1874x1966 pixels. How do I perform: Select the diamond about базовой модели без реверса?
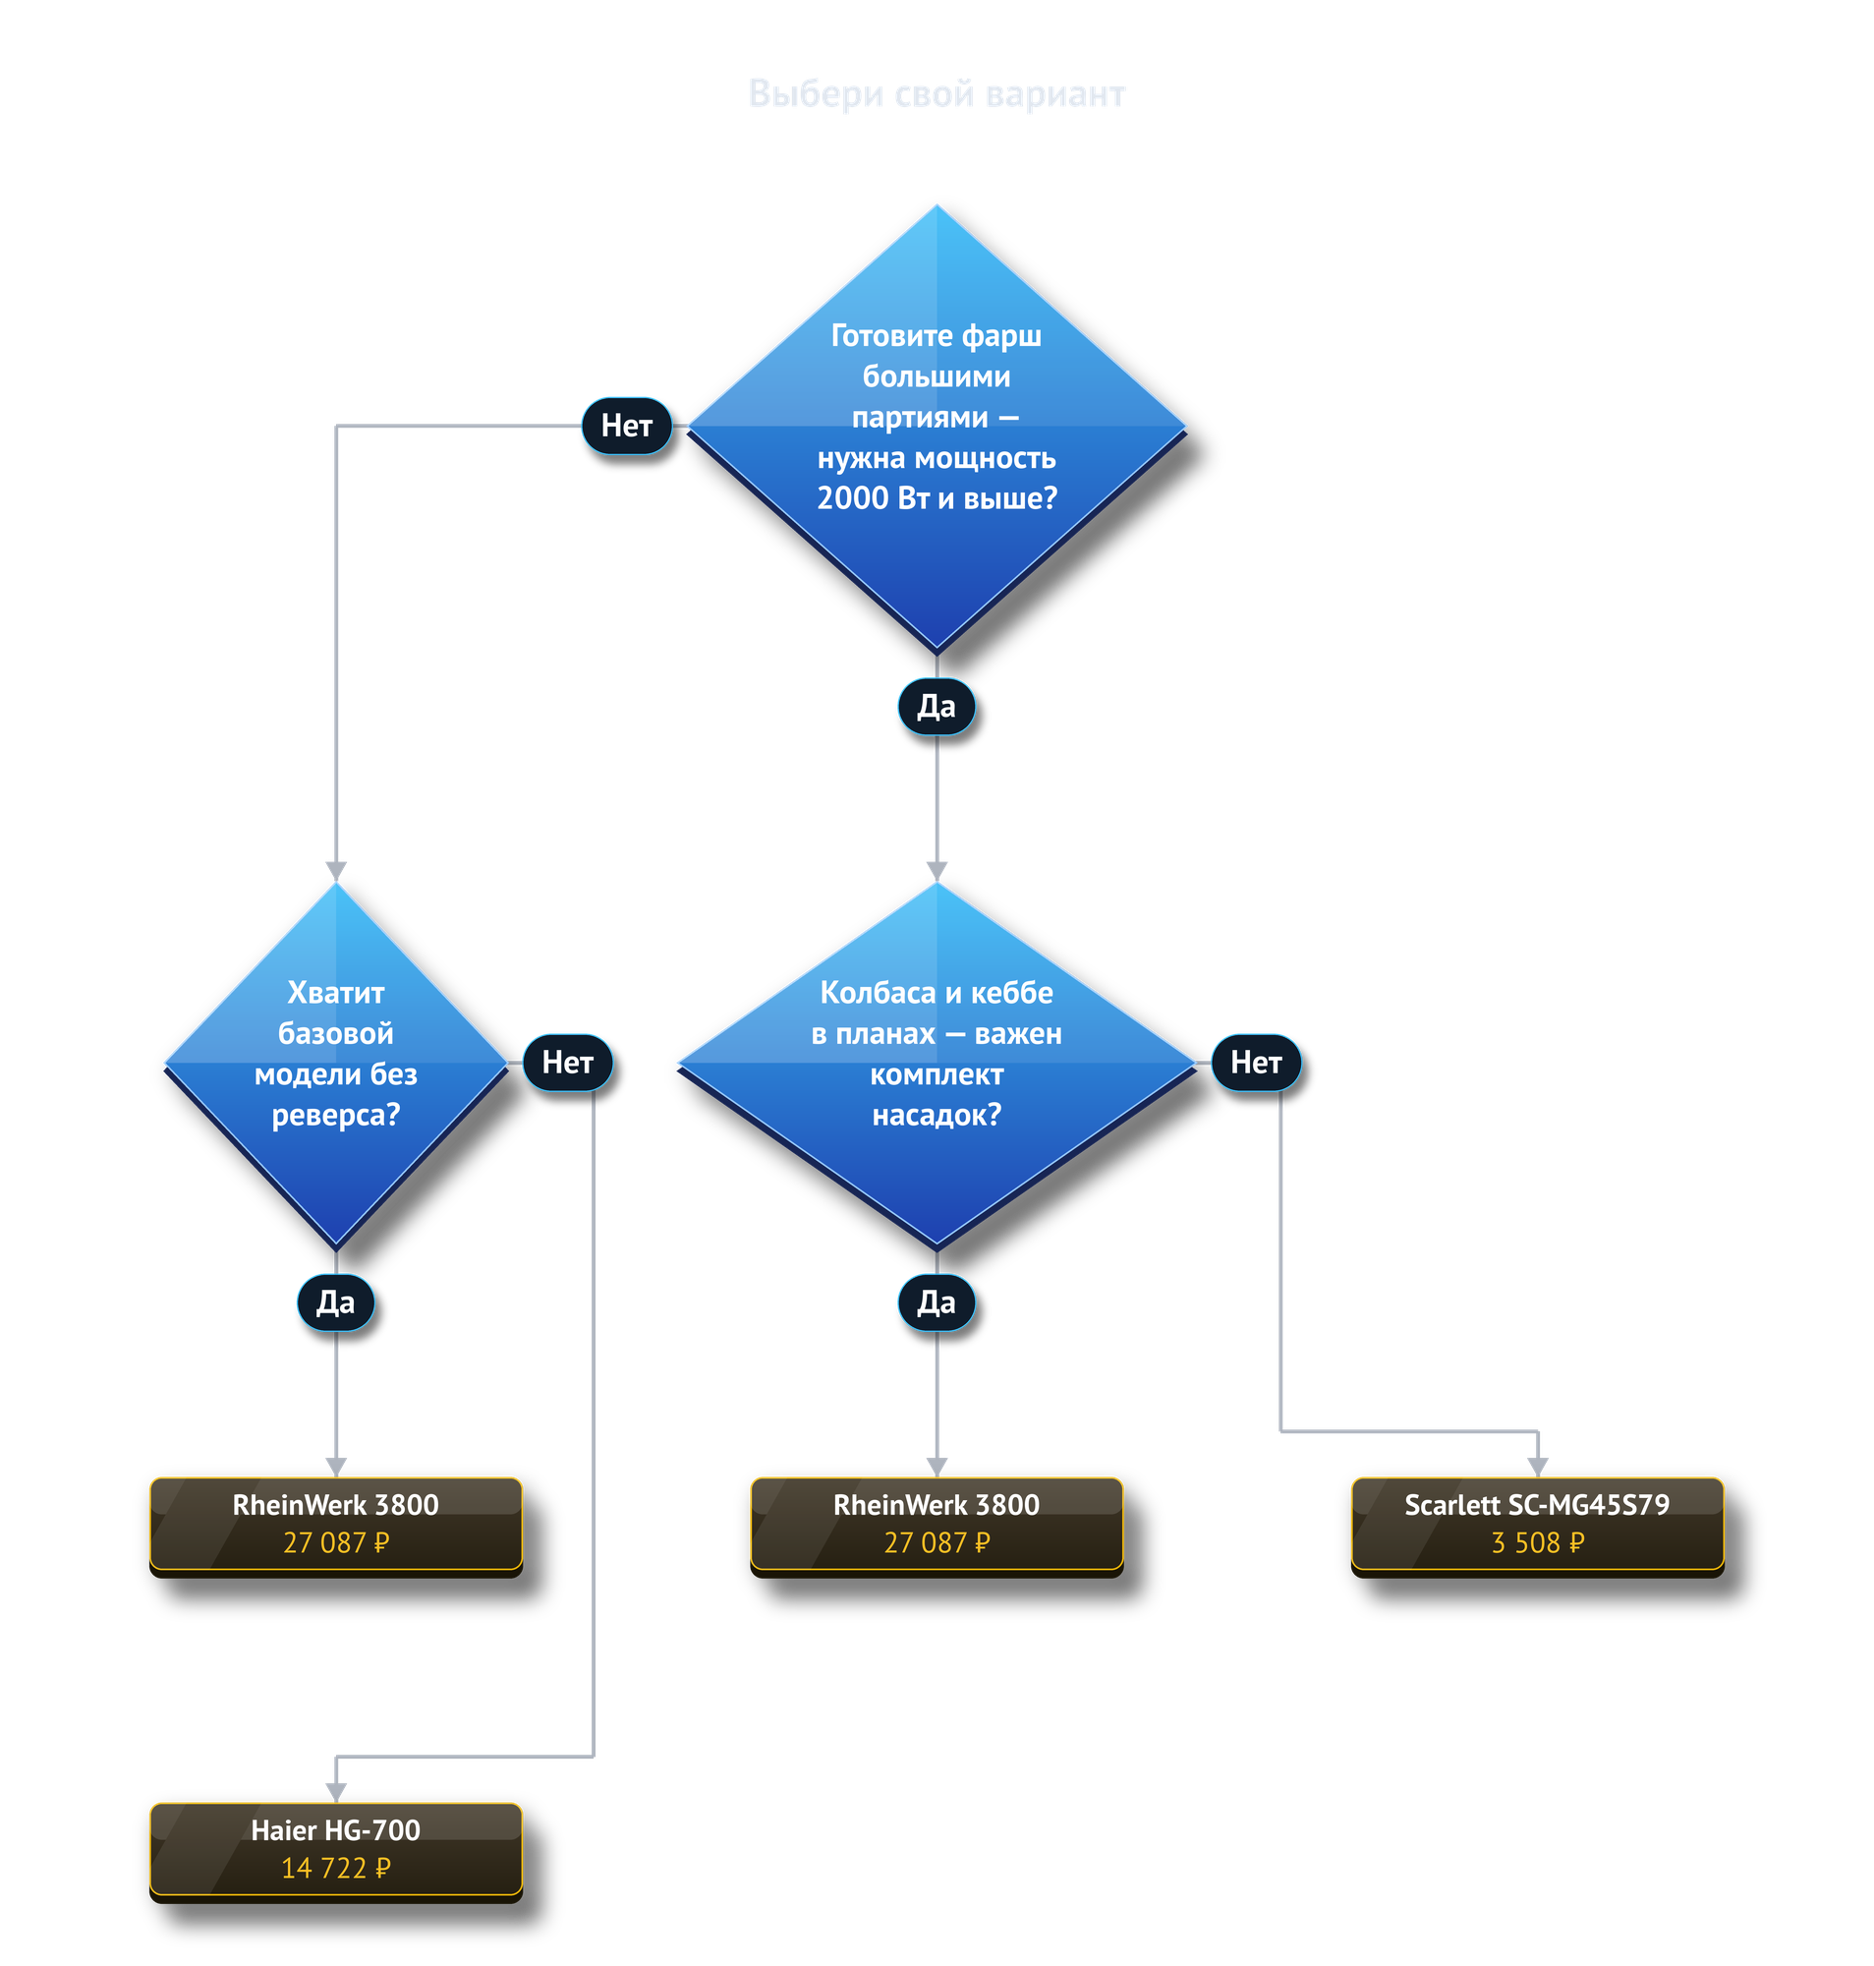coord(336,1064)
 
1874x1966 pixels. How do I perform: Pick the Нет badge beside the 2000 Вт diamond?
coord(626,426)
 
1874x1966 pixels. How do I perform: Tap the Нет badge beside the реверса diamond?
coord(567,1062)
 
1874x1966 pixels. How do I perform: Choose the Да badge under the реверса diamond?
coord(336,1301)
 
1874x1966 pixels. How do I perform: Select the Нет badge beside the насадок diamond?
coord(1256,1062)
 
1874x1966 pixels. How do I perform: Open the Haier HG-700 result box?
coord(336,1850)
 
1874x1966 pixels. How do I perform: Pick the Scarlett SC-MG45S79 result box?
coord(1537,1525)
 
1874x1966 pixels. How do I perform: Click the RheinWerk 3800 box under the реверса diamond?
coord(336,1525)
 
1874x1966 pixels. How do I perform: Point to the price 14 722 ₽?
coord(336,1868)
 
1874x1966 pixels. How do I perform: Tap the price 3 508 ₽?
coord(1537,1542)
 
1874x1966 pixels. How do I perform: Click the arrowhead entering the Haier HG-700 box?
coord(336,1793)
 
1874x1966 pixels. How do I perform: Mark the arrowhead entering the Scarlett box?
coord(1537,1468)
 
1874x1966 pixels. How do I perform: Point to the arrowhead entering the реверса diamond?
coord(336,871)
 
